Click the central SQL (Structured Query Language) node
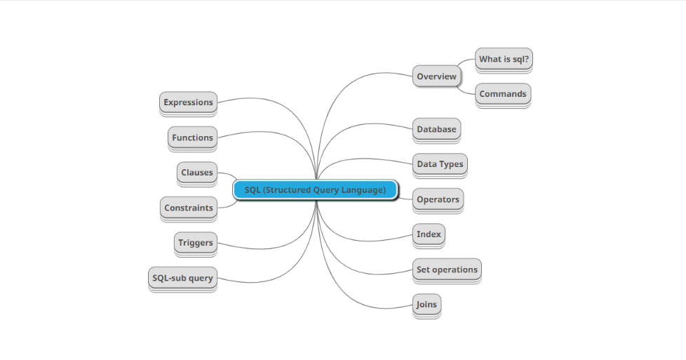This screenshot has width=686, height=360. (315, 189)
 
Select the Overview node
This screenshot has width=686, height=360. (436, 76)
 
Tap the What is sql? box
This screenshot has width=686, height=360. (504, 59)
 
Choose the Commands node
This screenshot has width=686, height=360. (502, 94)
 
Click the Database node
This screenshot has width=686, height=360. (436, 129)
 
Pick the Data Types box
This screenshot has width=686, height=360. (440, 164)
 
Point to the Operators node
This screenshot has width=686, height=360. (438, 199)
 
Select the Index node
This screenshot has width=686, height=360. (429, 234)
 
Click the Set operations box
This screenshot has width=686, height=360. (447, 269)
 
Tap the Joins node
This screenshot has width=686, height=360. (426, 305)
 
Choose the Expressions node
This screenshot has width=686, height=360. (188, 102)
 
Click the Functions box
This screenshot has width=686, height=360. (192, 138)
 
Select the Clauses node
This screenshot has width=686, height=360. (196, 173)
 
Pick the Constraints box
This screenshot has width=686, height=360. (188, 208)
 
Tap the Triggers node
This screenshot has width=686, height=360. (195, 243)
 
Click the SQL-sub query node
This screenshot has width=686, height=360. (182, 278)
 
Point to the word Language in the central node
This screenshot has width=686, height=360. (364, 189)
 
